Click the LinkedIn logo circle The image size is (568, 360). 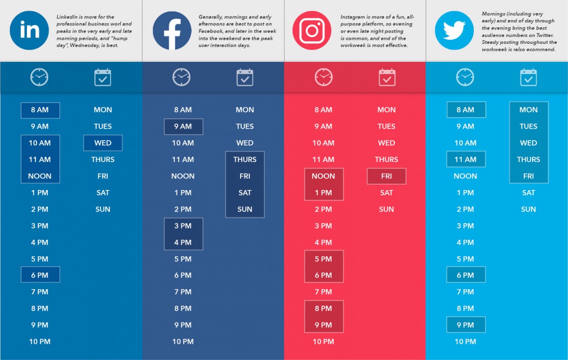pos(29,30)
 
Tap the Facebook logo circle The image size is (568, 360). pos(172,30)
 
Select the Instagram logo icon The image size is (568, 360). pos(312,30)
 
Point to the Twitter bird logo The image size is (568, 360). pos(454,30)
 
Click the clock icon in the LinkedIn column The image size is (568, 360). pos(39,77)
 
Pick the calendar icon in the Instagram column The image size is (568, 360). pos(387,77)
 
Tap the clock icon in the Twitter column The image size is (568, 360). pos(465,77)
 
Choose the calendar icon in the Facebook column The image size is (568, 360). pos(245,77)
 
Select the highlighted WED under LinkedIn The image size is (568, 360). pos(103,143)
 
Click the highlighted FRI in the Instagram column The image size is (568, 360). pos(387,176)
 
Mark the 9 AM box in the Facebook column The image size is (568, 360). pos(183,127)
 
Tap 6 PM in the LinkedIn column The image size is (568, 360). pos(40,275)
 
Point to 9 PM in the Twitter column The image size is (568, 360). pos(465,325)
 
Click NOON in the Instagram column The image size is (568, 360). pos(323,176)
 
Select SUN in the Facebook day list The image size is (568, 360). pos(245,209)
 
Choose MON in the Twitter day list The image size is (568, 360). pos(529,110)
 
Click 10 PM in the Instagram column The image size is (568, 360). pos(323,342)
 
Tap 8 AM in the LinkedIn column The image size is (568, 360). pos(40,110)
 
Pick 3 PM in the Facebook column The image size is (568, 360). pos(183,226)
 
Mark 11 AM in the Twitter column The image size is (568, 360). pos(465,160)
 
